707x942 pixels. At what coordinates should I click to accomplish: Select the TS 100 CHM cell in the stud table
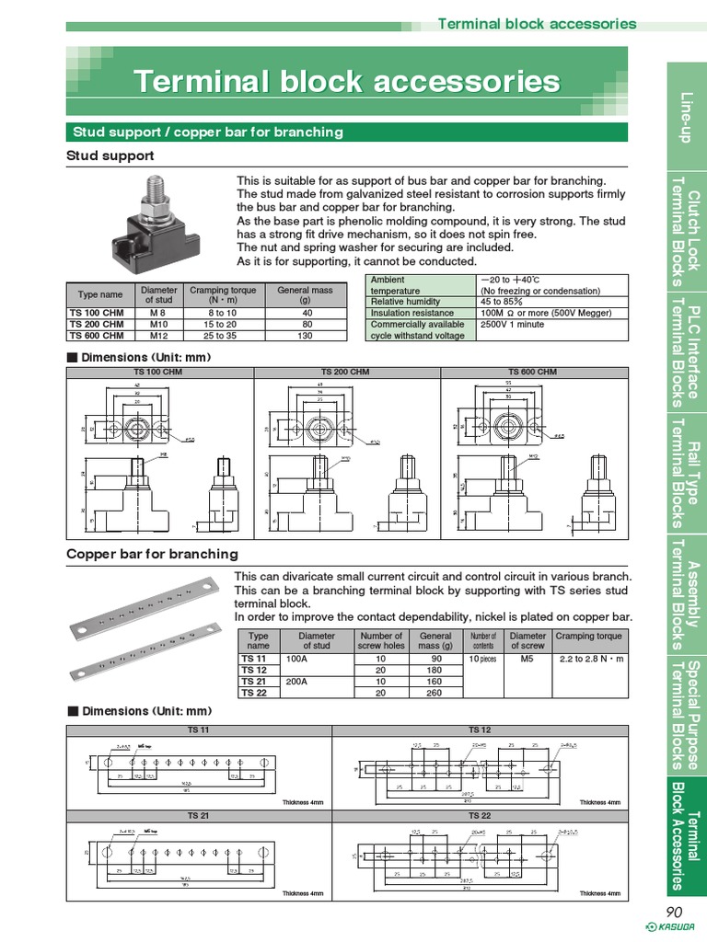coord(97,313)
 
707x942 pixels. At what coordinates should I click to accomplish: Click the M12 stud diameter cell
coord(158,335)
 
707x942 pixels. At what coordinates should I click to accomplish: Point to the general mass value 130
coord(305,335)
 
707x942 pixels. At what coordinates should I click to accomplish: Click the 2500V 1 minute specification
coord(513,324)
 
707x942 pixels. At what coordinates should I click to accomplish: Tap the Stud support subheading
coord(110,155)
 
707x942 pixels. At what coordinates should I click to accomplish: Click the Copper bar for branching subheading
coord(152,554)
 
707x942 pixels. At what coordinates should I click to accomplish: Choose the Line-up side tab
coord(686,116)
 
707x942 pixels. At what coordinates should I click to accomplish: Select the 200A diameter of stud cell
coord(298,682)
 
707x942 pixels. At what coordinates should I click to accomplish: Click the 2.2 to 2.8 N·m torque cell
coord(589,660)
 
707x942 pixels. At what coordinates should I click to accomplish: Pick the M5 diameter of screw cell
coord(527,660)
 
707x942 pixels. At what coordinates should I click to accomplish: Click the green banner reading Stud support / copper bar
coord(345,132)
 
